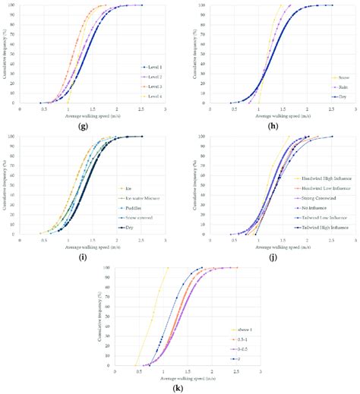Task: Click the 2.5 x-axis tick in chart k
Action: [x=237, y=372]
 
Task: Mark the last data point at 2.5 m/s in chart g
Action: [x=141, y=5]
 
